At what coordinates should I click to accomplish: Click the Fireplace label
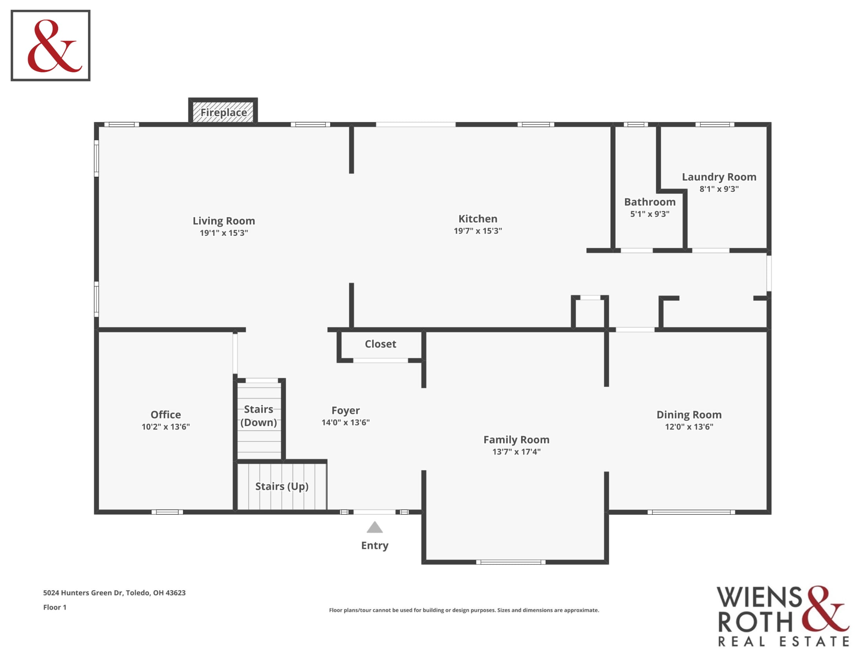point(223,113)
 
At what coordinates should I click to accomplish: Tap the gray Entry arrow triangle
point(375,527)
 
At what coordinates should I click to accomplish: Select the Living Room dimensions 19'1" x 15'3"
point(224,233)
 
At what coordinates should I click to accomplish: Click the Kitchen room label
point(478,219)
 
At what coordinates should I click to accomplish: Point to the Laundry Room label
point(719,177)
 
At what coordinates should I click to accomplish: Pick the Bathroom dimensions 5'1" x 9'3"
point(650,214)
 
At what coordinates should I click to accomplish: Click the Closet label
point(381,344)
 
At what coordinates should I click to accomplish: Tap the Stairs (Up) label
point(282,486)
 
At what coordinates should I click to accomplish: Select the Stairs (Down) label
point(259,415)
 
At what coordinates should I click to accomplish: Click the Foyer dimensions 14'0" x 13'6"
point(346,422)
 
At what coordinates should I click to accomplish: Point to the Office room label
point(166,414)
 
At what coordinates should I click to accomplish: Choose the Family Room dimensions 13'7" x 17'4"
point(517,451)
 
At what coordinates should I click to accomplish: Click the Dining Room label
point(689,415)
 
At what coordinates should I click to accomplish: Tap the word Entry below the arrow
point(375,545)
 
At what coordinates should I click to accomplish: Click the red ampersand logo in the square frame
point(54,46)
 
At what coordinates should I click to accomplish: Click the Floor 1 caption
point(55,607)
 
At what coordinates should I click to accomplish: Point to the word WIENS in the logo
point(759,597)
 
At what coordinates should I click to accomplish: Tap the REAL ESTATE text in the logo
point(784,642)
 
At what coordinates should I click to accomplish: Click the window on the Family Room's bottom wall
point(511,562)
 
